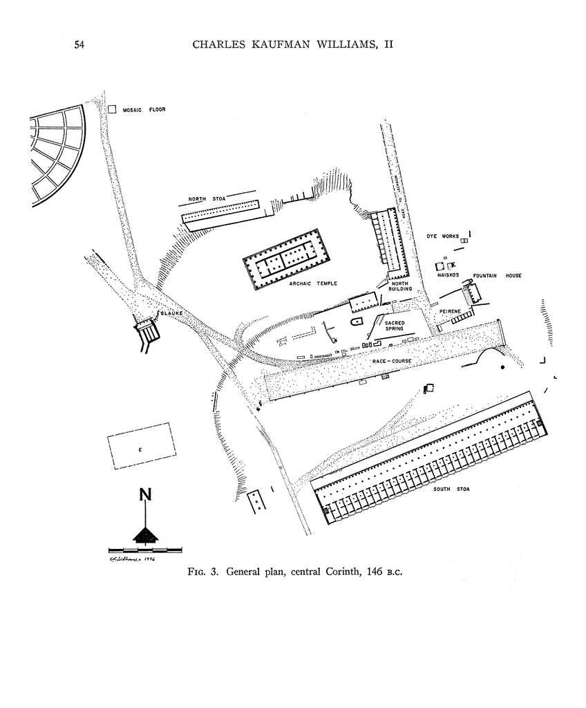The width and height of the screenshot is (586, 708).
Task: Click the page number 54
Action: pos(79,45)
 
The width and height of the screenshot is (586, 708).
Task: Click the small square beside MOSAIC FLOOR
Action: pos(113,109)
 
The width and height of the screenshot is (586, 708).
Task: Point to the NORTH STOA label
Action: pos(204,201)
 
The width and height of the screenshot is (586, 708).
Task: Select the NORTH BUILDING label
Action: pos(401,286)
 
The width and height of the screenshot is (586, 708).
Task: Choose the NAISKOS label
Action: pos(448,275)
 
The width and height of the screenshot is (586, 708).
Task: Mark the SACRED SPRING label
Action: pos(394,325)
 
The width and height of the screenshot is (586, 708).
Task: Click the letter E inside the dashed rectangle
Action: pos(140,450)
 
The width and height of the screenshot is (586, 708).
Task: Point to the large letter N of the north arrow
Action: pos(145,495)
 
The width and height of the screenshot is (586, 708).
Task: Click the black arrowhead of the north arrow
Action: pos(145,534)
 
